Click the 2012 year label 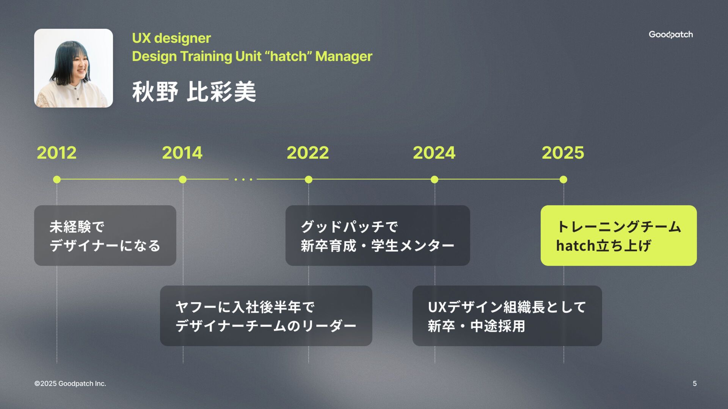click(x=56, y=153)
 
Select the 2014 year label click(x=182, y=153)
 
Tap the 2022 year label click(x=308, y=153)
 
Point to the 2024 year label click(x=434, y=153)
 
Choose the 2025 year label click(x=563, y=153)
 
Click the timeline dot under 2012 click(x=57, y=180)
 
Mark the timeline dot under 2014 click(x=183, y=180)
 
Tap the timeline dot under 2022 click(x=309, y=180)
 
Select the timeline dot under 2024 click(x=435, y=180)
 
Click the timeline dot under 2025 click(x=563, y=180)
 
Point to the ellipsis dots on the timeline click(x=243, y=180)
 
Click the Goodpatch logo click(x=671, y=34)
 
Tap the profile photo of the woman click(x=74, y=68)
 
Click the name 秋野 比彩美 click(x=194, y=92)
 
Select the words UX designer click(x=171, y=38)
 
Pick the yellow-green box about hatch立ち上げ click(x=618, y=236)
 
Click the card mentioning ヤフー click(x=266, y=316)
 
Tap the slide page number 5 click(x=695, y=384)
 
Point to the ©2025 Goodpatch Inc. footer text click(x=70, y=384)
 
